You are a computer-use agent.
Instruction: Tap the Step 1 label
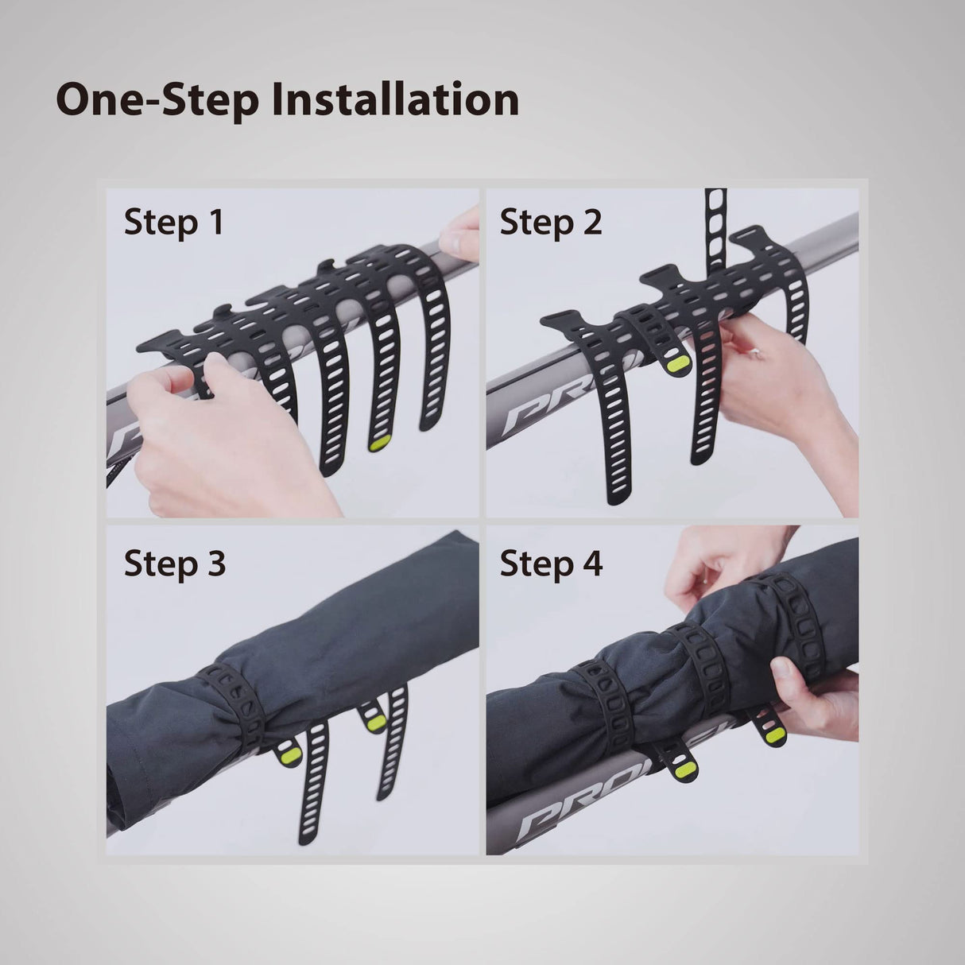173,223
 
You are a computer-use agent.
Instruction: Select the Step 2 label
551,223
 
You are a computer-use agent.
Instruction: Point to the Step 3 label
174,563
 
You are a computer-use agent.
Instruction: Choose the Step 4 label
551,563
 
